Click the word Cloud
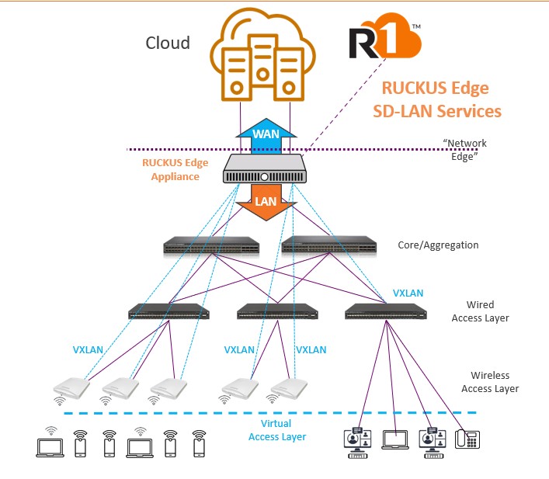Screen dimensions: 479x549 tap(168, 43)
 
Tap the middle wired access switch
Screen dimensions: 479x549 tap(277, 312)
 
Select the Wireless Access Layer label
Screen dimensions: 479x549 tap(490, 381)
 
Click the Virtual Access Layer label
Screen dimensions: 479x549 tap(277, 430)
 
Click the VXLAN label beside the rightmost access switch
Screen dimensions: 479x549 tap(408, 293)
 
